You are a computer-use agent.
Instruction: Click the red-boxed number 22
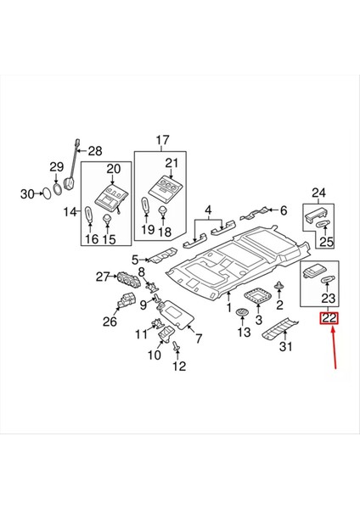pos(328,319)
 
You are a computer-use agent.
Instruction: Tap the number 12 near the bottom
pos(179,366)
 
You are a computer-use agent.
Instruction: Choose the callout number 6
pos(284,210)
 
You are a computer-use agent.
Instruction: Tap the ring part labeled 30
pos(48,194)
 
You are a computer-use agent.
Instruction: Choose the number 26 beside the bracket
pos(110,322)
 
